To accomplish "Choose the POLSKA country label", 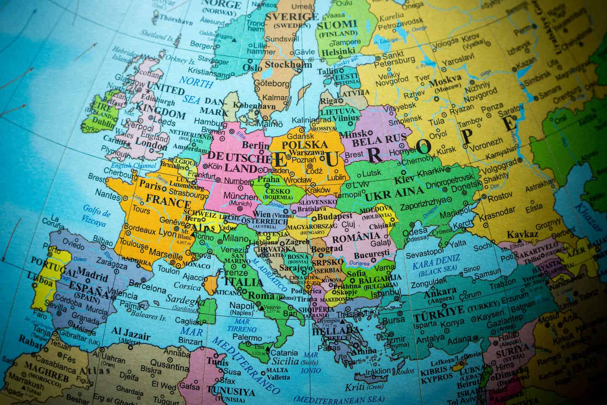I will (305, 144).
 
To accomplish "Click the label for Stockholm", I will (288, 64).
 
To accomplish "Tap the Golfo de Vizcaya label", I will (96, 217).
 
